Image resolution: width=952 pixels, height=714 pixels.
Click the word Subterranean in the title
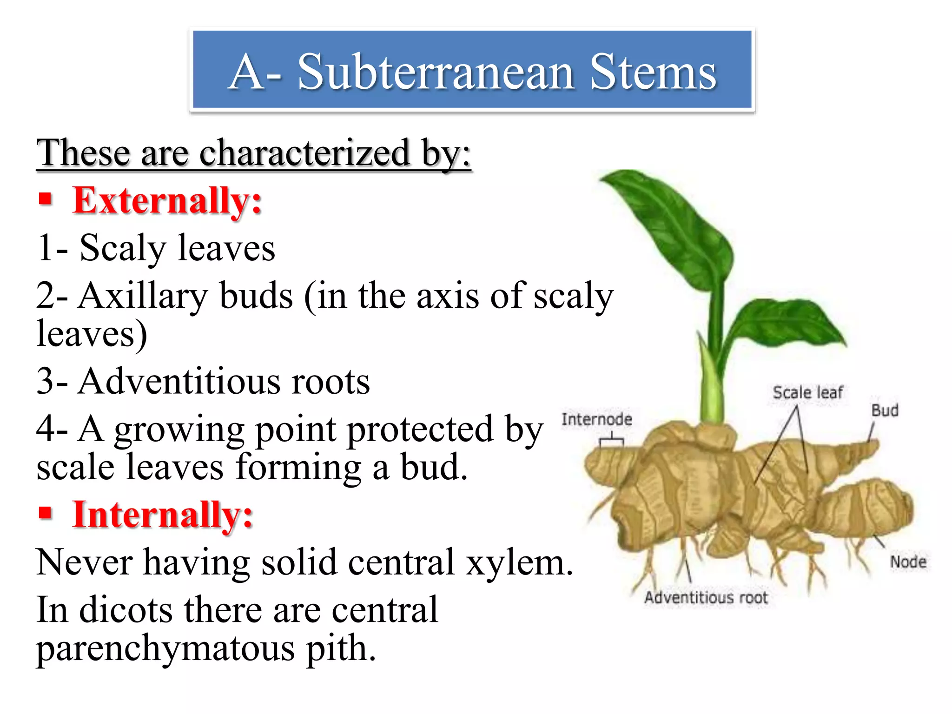click(436, 72)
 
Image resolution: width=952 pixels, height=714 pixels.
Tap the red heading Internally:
click(163, 515)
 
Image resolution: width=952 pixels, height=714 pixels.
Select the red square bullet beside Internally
click(45, 513)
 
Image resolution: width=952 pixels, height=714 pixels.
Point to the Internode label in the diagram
click(596, 419)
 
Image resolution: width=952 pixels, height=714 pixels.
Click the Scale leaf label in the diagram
click(807, 393)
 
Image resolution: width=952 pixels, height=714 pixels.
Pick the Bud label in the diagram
click(885, 410)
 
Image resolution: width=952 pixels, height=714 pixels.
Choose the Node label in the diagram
click(908, 562)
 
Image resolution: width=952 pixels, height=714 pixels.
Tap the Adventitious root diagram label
click(706, 598)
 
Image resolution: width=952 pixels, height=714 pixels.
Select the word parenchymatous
click(165, 648)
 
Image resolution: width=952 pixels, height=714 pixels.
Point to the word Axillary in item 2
click(143, 296)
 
